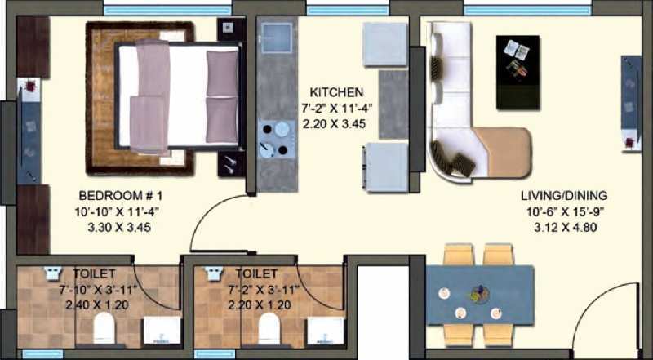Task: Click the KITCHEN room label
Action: point(336,91)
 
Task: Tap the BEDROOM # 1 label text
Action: point(121,195)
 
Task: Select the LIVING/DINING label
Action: point(564,195)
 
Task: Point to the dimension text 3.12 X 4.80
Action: point(566,228)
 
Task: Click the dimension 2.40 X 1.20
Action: point(96,305)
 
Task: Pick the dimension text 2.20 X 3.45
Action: point(335,124)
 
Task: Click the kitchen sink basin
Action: point(277,38)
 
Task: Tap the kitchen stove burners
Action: point(274,139)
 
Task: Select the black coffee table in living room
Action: point(518,73)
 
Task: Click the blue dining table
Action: point(480,295)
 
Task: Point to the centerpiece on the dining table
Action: point(480,294)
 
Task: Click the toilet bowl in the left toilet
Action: point(104,328)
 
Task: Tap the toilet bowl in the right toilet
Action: point(269,328)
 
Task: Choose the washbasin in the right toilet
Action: point(325,331)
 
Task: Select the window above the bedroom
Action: point(167,10)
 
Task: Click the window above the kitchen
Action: point(348,10)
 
